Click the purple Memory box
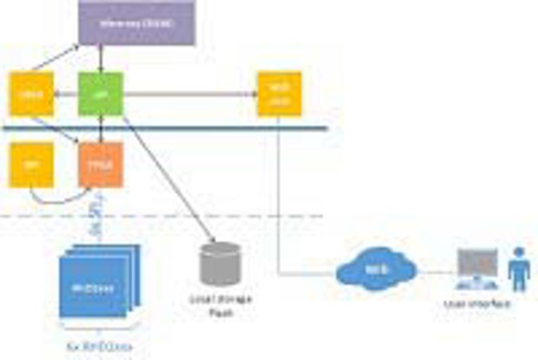point(136,23)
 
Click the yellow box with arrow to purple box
point(31,94)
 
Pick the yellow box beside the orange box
point(31,165)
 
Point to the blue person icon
point(519,270)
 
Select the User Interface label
point(480,305)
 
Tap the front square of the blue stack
point(90,290)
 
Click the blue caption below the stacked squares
point(97,346)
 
